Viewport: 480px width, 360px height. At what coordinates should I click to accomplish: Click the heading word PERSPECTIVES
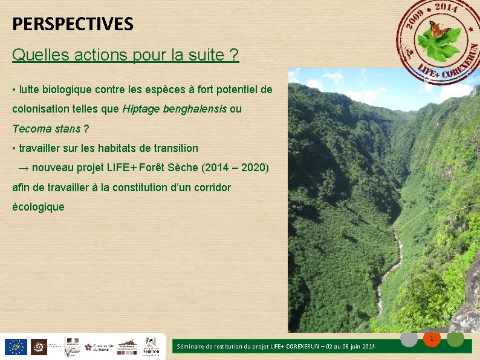tap(73, 24)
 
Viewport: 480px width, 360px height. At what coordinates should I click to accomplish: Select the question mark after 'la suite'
tap(234, 56)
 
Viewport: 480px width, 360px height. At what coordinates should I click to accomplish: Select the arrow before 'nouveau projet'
tap(25, 168)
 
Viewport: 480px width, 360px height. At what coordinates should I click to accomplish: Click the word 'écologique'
tap(38, 207)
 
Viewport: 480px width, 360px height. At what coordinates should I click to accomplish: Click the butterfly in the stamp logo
tap(439, 28)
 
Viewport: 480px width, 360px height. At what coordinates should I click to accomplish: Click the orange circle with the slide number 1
tap(432, 339)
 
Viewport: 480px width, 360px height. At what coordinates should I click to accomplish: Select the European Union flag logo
tap(15, 347)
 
